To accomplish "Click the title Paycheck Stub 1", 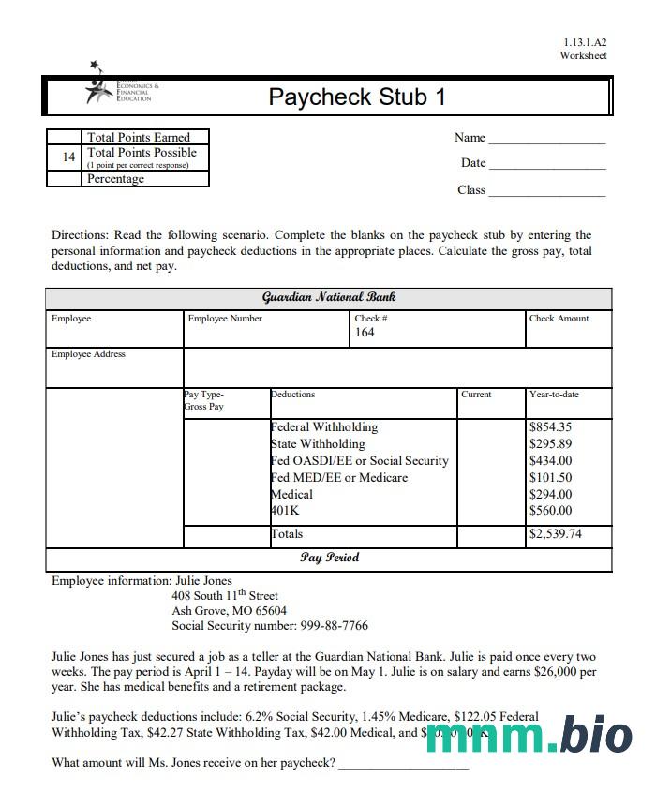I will (x=357, y=97).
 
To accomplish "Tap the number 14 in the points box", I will (x=68, y=157).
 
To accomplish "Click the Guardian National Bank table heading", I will (x=329, y=297).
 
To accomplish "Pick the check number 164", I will (x=365, y=333).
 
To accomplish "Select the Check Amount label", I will (x=559, y=319).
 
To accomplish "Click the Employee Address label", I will (x=88, y=354).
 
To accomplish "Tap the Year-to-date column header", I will (x=554, y=395).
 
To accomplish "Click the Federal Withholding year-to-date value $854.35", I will (x=550, y=427).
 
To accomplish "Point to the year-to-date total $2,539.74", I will (x=555, y=534).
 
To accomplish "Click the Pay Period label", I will (x=329, y=558).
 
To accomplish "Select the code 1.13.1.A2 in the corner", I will (x=585, y=42).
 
